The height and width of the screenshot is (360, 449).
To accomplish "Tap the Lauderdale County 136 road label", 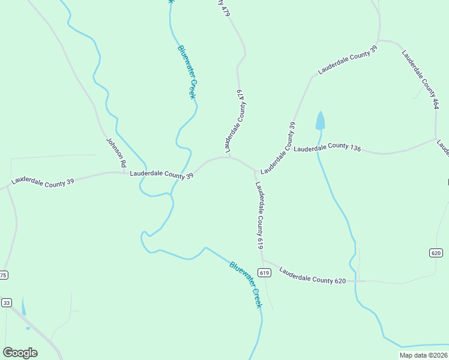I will click(x=327, y=146).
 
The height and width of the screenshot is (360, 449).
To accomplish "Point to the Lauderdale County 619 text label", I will click(x=260, y=215).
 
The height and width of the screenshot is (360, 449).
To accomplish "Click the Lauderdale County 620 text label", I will click(x=312, y=275).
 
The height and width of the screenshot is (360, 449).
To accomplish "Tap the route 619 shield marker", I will click(x=264, y=272).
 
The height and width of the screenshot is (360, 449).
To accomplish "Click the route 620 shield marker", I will click(x=436, y=253).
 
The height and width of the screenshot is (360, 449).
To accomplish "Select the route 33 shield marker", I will click(x=6, y=302).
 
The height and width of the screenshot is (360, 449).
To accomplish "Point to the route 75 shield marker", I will click(x=3, y=275).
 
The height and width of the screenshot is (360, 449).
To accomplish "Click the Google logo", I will click(x=20, y=353).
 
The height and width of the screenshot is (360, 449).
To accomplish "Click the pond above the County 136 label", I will click(x=320, y=121).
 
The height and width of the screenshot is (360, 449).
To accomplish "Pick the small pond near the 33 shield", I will click(x=23, y=307).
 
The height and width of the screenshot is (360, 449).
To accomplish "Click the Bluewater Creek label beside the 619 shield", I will click(x=246, y=284).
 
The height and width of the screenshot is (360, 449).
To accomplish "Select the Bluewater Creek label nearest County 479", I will click(x=187, y=72).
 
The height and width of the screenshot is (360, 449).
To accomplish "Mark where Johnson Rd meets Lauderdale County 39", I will click(x=123, y=173).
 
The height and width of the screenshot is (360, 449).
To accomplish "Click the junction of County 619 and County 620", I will click(x=263, y=262).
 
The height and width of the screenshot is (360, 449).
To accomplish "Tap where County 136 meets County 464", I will click(x=435, y=139).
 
